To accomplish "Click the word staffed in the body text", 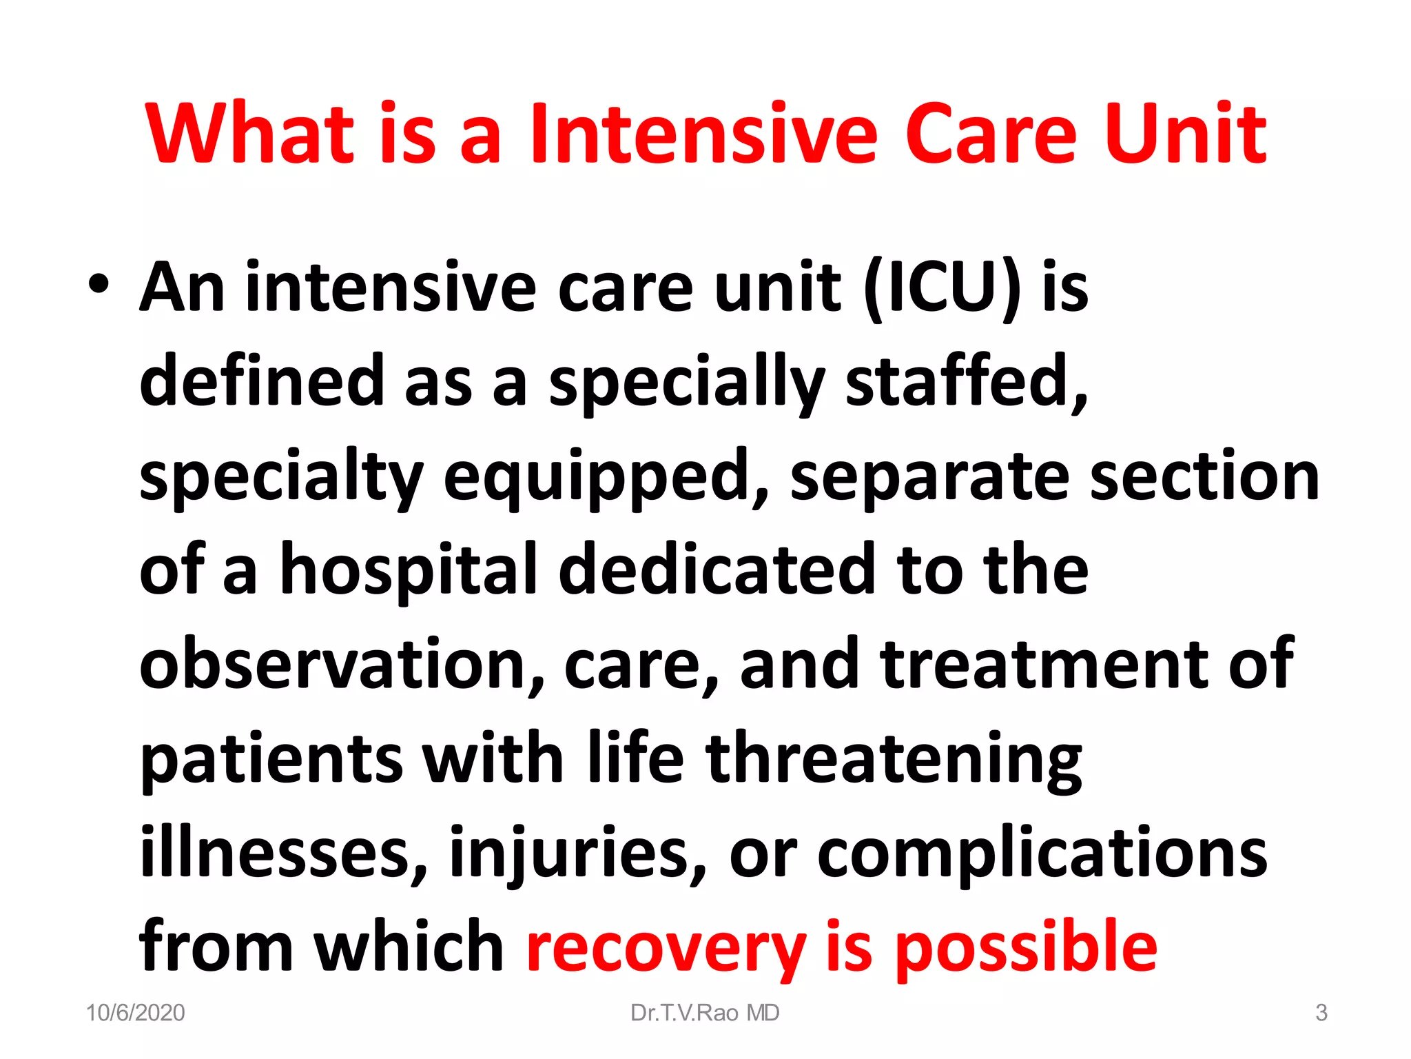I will pyautogui.click(x=965, y=381).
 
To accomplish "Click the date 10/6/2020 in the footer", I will pyautogui.click(x=136, y=1013).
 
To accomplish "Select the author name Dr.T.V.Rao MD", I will pyautogui.click(x=705, y=1013).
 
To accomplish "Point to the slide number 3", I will pyautogui.click(x=1321, y=1013).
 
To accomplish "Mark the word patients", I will pyautogui.click(x=271, y=758).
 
